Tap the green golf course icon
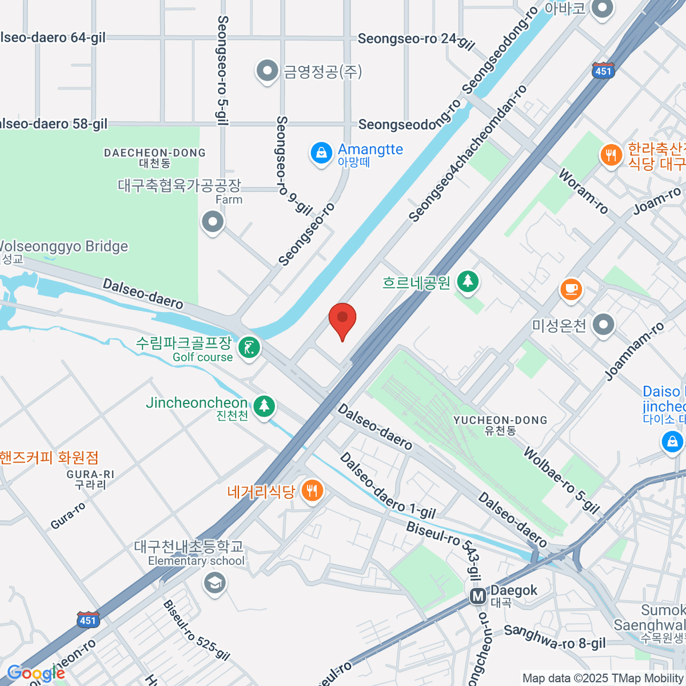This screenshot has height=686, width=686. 249,348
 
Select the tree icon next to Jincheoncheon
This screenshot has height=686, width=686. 264,406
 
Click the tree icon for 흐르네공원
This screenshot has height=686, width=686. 468,281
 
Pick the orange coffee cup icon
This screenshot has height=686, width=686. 571,289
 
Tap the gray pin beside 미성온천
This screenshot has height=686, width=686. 603,325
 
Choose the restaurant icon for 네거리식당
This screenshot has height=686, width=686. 312,490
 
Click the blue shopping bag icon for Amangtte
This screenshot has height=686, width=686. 321,153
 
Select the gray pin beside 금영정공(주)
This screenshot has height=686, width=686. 266,71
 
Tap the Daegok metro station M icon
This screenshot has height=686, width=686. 478,597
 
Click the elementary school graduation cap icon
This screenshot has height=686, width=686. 214,583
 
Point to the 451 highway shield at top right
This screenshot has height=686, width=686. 603,70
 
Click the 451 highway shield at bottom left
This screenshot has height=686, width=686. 87,620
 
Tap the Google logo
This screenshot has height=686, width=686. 35,673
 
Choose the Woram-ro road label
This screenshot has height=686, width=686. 583,191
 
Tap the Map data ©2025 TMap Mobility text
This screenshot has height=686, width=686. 603,678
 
